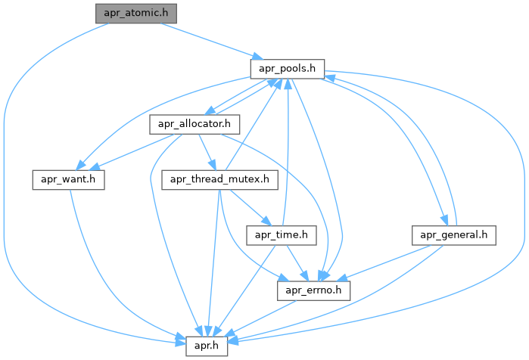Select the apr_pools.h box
pyautogui.click(x=288, y=69)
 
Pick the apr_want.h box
pyautogui.click(x=68, y=180)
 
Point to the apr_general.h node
pyautogui.click(x=454, y=236)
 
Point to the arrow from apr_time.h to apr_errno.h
pyautogui.click(x=295, y=262)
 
